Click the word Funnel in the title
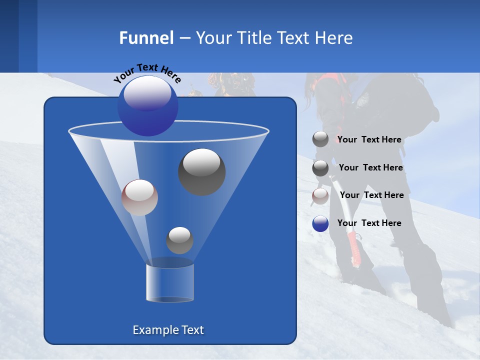(146, 38)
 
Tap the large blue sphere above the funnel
(147, 105)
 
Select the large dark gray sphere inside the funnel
(201, 171)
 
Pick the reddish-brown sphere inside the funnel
(139, 197)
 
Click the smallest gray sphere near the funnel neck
(179, 240)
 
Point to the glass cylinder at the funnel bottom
(169, 282)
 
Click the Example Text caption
(168, 330)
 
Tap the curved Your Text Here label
(147, 72)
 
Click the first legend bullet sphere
(320, 139)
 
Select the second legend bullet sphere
(320, 168)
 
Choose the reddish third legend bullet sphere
(320, 196)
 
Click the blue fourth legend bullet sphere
(320, 223)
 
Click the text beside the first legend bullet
(369, 140)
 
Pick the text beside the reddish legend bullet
(371, 195)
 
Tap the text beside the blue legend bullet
(369, 223)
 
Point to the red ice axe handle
(354, 247)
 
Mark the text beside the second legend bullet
(370, 168)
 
